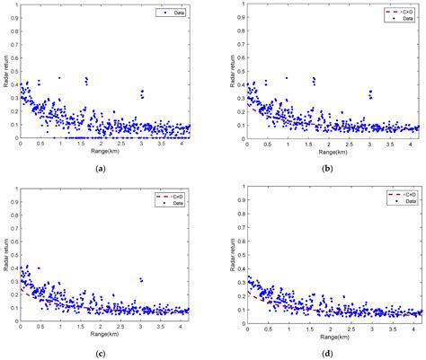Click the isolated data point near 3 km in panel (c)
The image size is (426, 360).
141,280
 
